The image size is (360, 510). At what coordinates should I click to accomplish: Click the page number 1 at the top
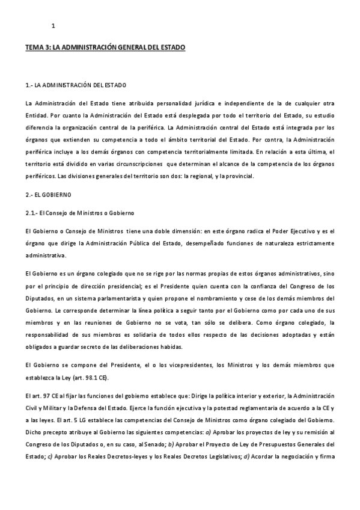coord(53,25)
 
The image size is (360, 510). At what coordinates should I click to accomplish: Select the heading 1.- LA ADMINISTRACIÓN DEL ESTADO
coord(76,84)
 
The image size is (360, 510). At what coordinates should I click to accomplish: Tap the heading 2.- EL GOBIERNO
coord(49,195)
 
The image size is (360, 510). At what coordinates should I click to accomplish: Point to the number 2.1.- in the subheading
coord(34,214)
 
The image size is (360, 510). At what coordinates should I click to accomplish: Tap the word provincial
coord(240,176)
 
